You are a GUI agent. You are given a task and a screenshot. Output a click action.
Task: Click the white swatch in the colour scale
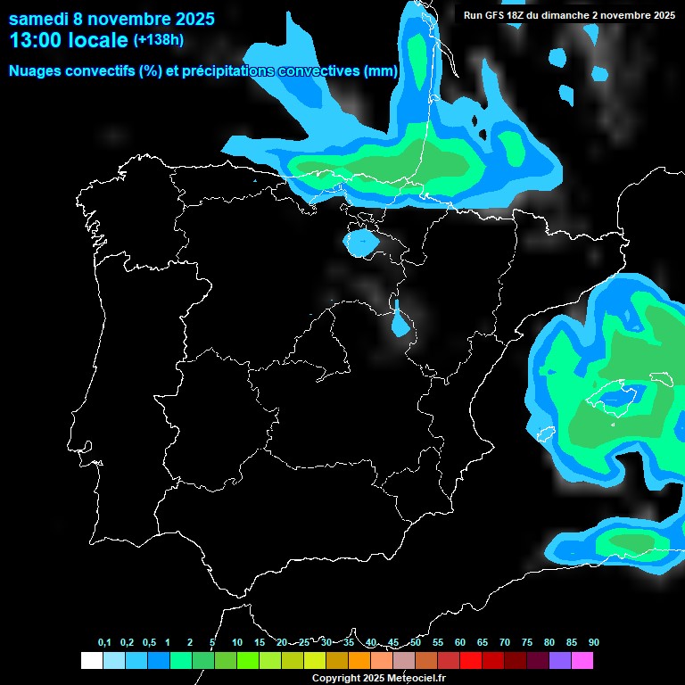tap(91, 660)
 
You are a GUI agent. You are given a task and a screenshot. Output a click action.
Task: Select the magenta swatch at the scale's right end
tap(582, 660)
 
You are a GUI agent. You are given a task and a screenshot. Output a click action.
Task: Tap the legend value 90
tap(594, 642)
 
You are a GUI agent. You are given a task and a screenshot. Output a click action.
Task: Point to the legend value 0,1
tap(104, 642)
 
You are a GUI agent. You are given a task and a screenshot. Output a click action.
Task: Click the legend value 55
tap(438, 642)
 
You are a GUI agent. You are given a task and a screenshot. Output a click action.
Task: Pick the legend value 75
tap(527, 642)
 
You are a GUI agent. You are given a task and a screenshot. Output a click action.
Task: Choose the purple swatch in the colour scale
tap(560, 660)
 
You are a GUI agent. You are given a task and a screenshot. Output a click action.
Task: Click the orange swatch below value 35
tap(359, 660)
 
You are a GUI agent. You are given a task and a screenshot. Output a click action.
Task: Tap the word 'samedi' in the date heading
tap(39, 18)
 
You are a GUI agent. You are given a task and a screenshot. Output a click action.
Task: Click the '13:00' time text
tap(36, 40)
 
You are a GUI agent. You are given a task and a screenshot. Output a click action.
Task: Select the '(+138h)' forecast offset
tap(159, 40)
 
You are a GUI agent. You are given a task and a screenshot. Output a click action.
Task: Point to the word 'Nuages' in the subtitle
tap(36, 71)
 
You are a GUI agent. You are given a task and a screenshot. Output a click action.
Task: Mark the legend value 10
tap(237, 642)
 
